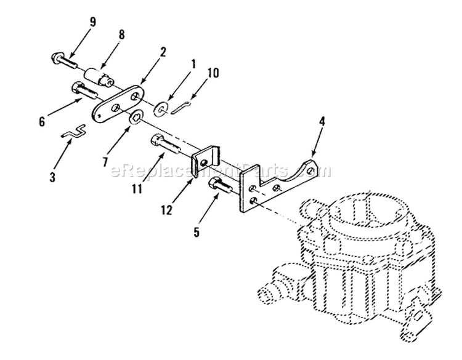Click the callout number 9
click(93, 22)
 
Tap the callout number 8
click(121, 34)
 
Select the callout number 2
click(163, 52)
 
